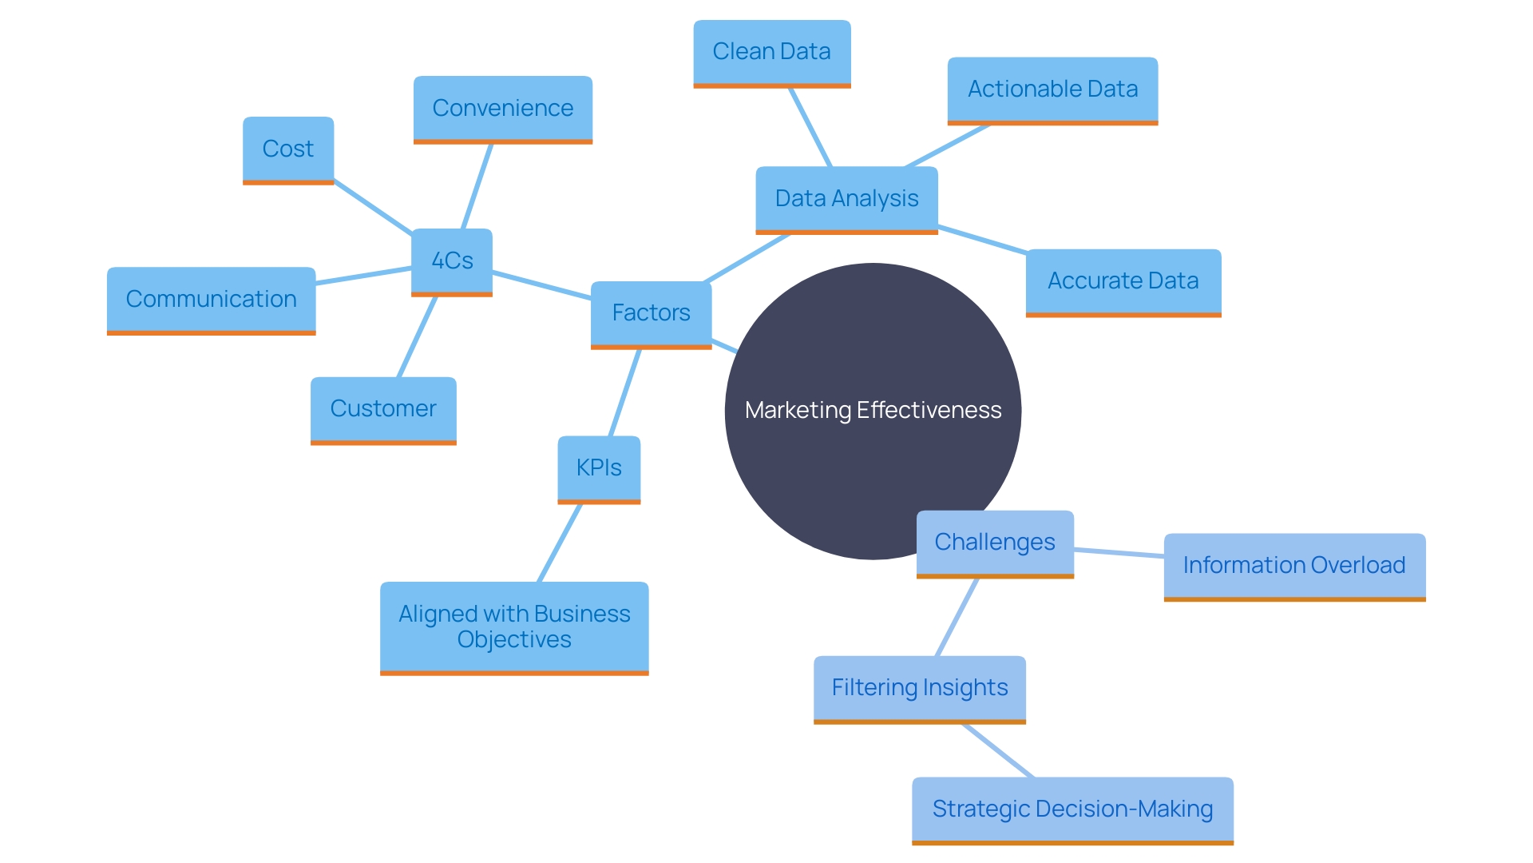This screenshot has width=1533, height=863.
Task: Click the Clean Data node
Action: tap(771, 52)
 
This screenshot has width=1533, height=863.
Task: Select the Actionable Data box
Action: tap(1052, 89)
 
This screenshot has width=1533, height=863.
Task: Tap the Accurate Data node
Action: tap(1123, 281)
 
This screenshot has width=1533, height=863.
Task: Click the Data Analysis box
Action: tap(846, 199)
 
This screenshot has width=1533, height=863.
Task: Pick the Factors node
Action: tap(651, 313)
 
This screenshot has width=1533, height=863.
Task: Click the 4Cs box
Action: tap(452, 261)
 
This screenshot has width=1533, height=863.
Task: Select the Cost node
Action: tap(288, 149)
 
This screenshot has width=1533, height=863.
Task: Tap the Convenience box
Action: tap(502, 109)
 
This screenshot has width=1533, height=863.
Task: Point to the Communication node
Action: tap(211, 300)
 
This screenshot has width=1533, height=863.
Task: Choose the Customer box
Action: tap(383, 409)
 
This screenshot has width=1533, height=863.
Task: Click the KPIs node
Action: tap(599, 468)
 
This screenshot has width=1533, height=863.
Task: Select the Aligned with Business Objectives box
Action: tap(514, 627)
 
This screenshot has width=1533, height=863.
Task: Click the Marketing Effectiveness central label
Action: tap(873, 411)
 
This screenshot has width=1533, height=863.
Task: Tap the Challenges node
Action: tap(995, 543)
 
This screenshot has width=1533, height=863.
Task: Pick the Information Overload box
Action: tap(1294, 566)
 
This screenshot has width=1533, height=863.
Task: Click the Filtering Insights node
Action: tap(920, 688)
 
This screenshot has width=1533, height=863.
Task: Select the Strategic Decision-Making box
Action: tap(1072, 809)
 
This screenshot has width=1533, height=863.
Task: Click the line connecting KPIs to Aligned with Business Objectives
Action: tap(559, 543)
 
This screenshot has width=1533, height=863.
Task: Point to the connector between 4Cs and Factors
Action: tap(541, 285)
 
